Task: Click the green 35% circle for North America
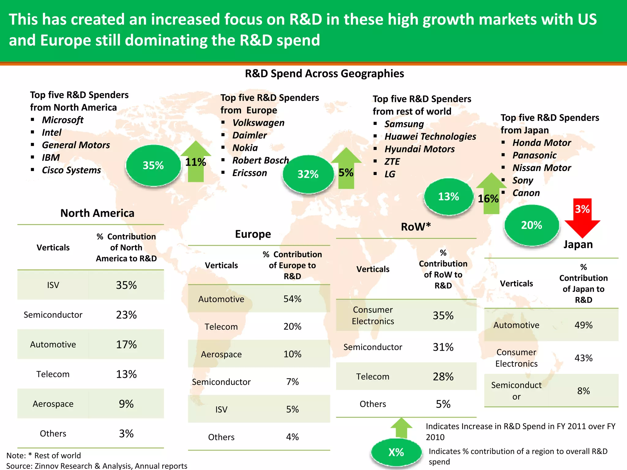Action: tap(153, 165)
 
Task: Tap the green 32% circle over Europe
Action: tap(308, 174)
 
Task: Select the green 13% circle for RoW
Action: tap(449, 196)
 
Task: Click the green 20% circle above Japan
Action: tap(531, 225)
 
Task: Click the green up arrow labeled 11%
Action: tap(196, 162)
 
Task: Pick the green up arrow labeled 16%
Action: tap(491, 193)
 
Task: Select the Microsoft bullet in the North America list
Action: tap(62, 120)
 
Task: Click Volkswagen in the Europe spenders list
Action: tap(258, 123)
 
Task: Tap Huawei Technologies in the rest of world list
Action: tap(430, 136)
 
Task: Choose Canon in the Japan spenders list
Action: tap(526, 193)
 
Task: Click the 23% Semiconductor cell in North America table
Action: tap(126, 315)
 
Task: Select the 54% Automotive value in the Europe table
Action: tap(292, 299)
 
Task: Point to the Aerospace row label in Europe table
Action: tap(221, 354)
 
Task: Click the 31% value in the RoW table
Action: tap(443, 347)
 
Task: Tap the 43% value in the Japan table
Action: tap(584, 358)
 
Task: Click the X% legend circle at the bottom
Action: tap(396, 452)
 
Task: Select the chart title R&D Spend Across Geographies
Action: tap(324, 74)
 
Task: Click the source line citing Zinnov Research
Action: tap(97, 466)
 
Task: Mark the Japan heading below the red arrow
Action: tap(578, 244)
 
